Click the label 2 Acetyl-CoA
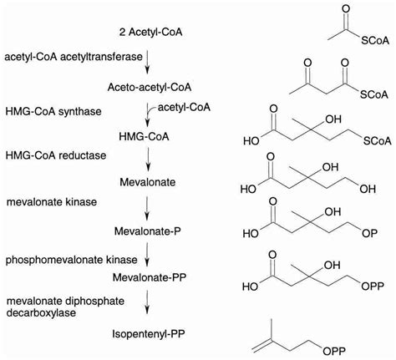[x=150, y=33]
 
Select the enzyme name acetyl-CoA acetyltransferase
[x=74, y=57]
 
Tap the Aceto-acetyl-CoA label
[x=150, y=87]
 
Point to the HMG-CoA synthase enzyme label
[x=53, y=111]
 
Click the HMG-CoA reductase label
[x=56, y=155]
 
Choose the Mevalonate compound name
[x=148, y=182]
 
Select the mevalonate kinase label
[x=52, y=202]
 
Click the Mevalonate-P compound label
[x=148, y=231]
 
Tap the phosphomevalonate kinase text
[x=72, y=260]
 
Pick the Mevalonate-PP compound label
[x=150, y=277]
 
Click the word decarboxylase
[x=41, y=312]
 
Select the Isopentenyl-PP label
[x=149, y=333]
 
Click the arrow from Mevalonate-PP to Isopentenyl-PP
[x=147, y=302]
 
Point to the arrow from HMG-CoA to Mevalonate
[x=148, y=160]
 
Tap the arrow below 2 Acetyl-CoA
[x=147, y=62]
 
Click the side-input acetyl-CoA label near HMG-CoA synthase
[x=184, y=107]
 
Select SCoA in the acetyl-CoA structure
[x=375, y=41]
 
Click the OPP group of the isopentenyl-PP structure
[x=334, y=351]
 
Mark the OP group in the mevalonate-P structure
[x=369, y=233]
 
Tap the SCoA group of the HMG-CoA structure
[x=378, y=141]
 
